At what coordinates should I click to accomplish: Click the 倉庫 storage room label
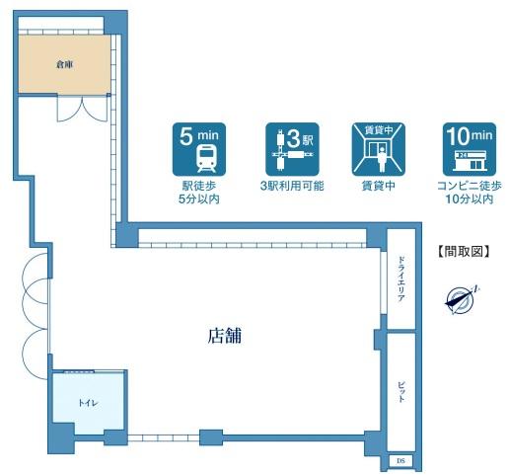click(x=64, y=64)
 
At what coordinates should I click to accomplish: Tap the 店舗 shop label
click(x=225, y=336)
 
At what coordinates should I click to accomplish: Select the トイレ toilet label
click(x=88, y=403)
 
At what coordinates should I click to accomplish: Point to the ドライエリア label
click(x=400, y=278)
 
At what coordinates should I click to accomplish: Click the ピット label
click(x=400, y=392)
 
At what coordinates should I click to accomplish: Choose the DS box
click(x=400, y=461)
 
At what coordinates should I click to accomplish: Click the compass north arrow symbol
click(x=461, y=300)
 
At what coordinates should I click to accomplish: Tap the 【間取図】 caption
click(x=464, y=252)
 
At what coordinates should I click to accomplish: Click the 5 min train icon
click(x=199, y=149)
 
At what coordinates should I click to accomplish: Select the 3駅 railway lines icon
click(x=292, y=149)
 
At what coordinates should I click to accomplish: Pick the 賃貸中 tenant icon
click(x=379, y=149)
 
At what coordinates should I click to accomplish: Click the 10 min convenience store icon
click(x=470, y=149)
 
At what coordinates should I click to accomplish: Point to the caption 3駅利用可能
click(x=292, y=186)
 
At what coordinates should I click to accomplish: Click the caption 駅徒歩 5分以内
click(x=199, y=193)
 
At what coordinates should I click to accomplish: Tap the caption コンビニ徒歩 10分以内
click(x=470, y=193)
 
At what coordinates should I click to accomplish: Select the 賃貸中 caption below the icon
click(x=379, y=186)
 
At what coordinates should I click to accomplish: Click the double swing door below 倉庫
click(x=82, y=109)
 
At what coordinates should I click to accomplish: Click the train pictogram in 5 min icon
click(x=207, y=159)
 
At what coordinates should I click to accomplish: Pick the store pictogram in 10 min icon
click(x=470, y=161)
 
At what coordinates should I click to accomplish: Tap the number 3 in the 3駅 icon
click(x=293, y=138)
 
